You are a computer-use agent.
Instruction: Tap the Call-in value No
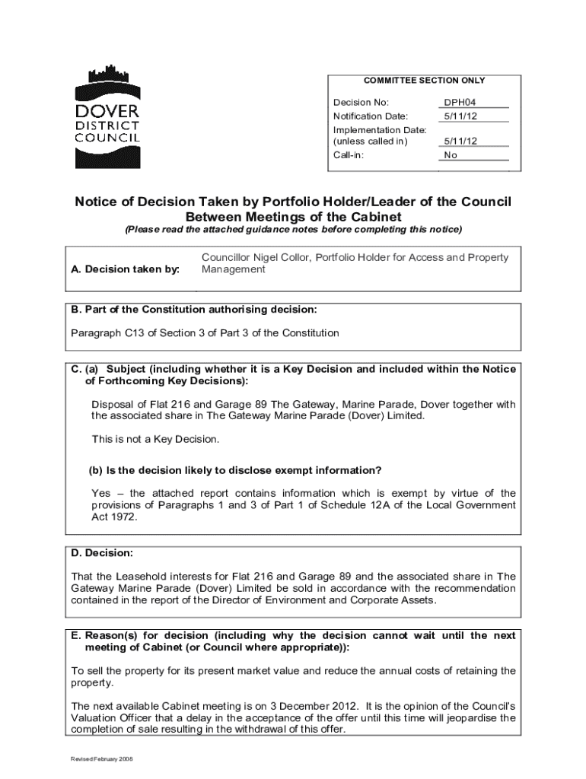point(451,155)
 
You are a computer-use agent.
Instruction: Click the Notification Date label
point(371,116)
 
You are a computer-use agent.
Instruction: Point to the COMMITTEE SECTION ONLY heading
point(425,80)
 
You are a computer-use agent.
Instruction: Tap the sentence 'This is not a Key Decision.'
point(155,439)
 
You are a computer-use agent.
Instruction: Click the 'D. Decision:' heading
point(102,552)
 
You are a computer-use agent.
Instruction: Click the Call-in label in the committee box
point(349,155)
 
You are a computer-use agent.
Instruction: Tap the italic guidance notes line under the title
point(293,229)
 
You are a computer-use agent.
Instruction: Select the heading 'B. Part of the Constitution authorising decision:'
point(194,310)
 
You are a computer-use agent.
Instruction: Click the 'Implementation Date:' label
point(380,130)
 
